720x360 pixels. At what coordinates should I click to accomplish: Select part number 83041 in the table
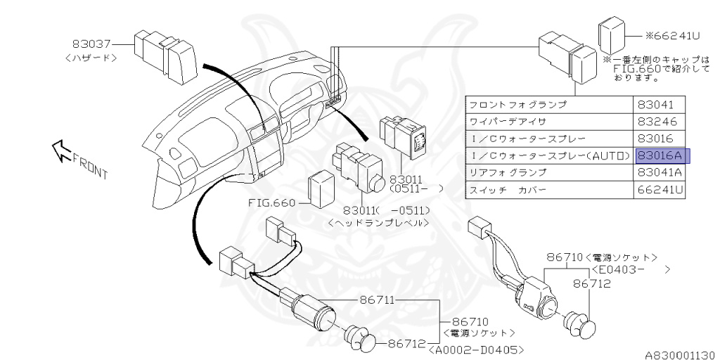pyautogui.click(x=655, y=105)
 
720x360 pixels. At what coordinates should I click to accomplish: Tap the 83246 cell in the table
pyautogui.click(x=655, y=122)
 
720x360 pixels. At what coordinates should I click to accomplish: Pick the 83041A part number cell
pyautogui.click(x=659, y=172)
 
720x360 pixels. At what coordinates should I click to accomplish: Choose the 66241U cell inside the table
pyautogui.click(x=660, y=190)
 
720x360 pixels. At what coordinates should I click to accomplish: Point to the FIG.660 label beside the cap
pyautogui.click(x=273, y=203)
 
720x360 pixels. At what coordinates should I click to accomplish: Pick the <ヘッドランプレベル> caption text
pyautogui.click(x=378, y=223)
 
